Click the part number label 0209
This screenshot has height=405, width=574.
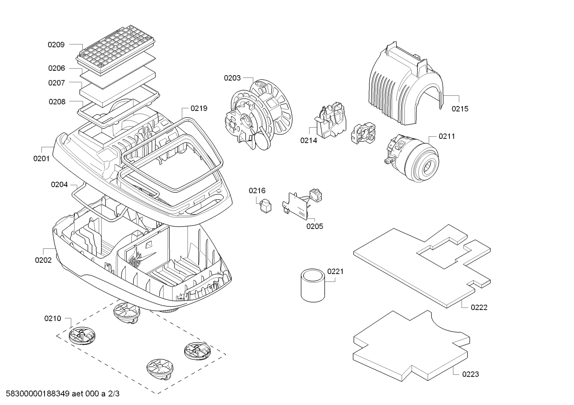click(56, 45)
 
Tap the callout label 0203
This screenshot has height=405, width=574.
click(232, 78)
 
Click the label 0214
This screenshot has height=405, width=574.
click(308, 140)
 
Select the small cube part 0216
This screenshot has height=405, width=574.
click(265, 205)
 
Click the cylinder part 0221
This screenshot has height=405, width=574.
click(312, 285)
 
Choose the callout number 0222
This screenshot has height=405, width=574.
click(479, 307)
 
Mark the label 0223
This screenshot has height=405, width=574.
click(471, 374)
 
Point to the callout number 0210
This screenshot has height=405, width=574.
click(53, 318)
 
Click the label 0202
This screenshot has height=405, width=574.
click(43, 260)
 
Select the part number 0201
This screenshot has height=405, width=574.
click(41, 159)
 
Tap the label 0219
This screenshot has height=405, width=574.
click(199, 109)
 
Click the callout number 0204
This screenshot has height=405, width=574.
click(59, 185)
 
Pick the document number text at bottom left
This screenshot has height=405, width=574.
click(60, 394)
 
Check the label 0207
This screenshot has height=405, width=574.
click(57, 83)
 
